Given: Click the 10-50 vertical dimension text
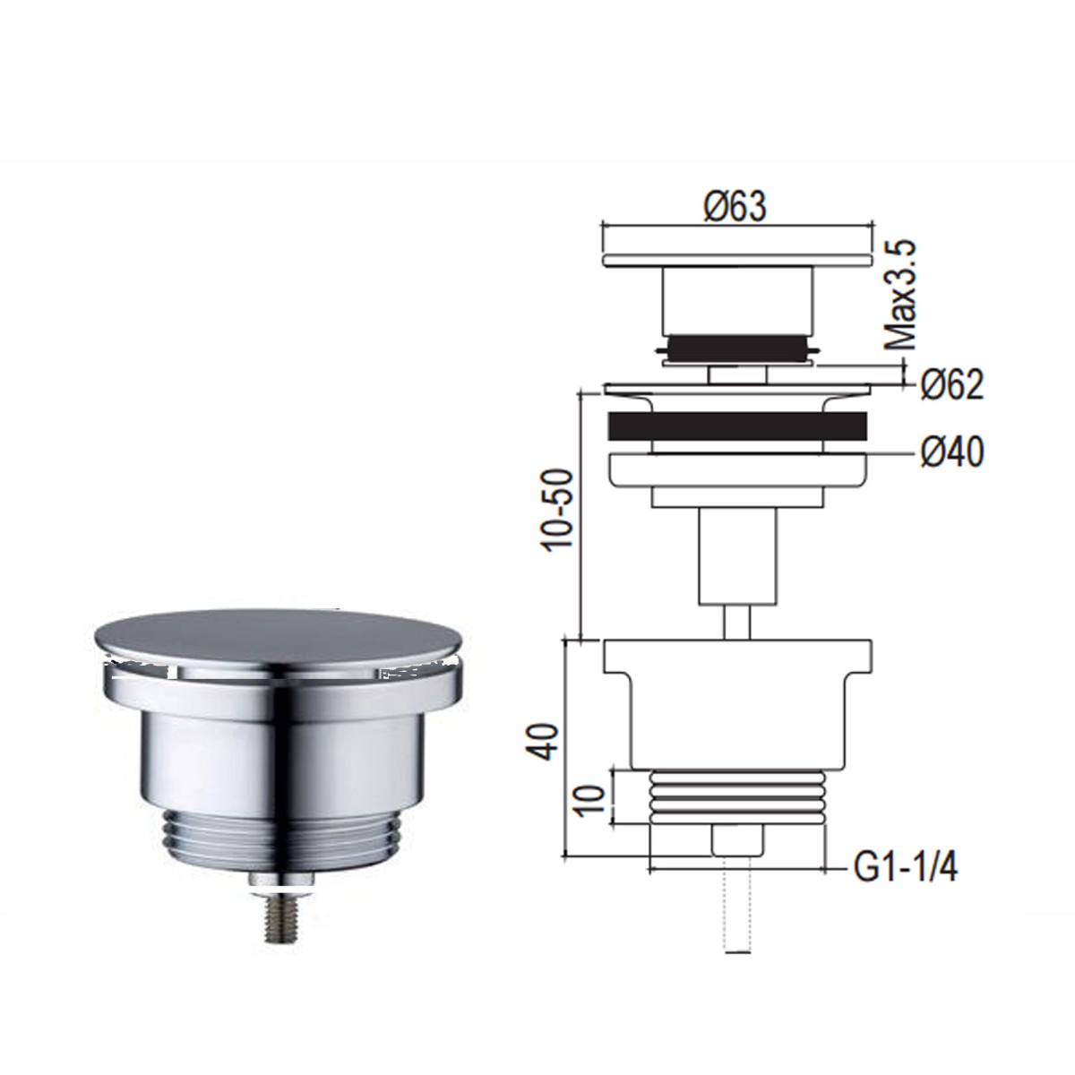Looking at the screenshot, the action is coord(558,511).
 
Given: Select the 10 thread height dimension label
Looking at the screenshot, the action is coord(588,801).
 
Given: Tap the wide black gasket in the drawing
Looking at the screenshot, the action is coord(737,426).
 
